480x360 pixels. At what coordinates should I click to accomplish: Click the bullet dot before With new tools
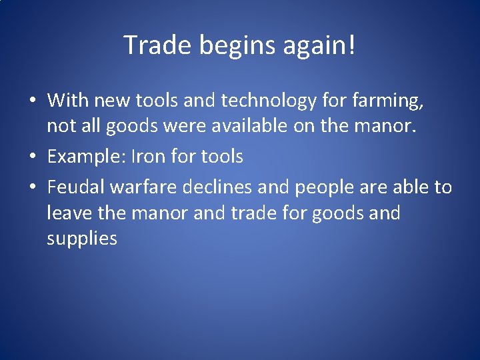click(x=32, y=102)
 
